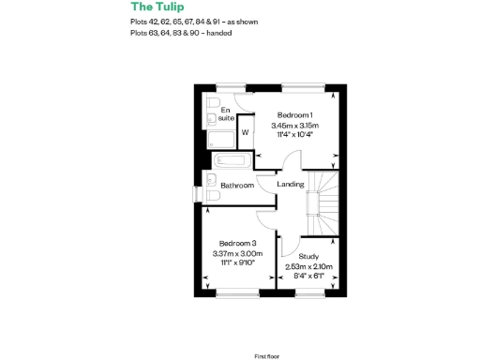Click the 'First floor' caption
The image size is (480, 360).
tap(268, 330)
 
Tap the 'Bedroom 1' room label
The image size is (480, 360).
tap(294, 115)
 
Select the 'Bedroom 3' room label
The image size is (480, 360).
tap(238, 244)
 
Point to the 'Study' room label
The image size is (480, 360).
tap(308, 256)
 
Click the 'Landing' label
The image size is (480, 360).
tap(291, 184)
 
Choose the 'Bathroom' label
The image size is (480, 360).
tap(237, 186)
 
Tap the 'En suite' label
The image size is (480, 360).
tap(226, 113)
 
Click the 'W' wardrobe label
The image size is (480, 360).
tap(245, 132)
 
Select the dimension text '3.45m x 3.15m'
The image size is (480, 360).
tap(294, 126)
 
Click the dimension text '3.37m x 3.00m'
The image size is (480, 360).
tap(238, 254)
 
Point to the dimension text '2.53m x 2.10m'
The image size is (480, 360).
tap(308, 266)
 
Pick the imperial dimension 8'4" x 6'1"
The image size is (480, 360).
tap(308, 276)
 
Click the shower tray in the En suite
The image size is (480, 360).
tap(221, 139)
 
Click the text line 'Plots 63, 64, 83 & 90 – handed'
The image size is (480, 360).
tap(181, 33)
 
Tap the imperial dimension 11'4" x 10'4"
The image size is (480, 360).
tap(294, 135)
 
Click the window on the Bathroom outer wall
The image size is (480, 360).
tap(196, 194)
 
